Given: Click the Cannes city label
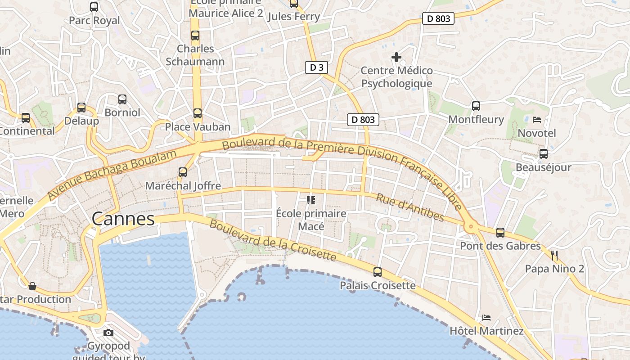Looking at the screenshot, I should click(123, 219).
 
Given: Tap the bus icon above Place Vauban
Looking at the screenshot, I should click(197, 113).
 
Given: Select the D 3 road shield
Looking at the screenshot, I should click(316, 67).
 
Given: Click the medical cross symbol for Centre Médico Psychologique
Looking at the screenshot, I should click(396, 57).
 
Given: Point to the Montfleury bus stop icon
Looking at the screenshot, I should click(476, 106).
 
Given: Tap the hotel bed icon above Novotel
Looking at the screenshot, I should click(537, 120).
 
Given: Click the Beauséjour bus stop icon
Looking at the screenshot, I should click(544, 154).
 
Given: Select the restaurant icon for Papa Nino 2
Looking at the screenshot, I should click(554, 256).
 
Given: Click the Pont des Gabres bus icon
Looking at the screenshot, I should click(500, 233).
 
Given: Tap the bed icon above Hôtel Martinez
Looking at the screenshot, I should click(486, 318).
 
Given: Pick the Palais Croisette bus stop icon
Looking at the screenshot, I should click(378, 272).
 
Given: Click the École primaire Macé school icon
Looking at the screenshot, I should click(311, 200).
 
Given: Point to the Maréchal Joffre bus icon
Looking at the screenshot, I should click(183, 172).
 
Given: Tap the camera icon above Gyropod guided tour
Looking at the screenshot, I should click(108, 333).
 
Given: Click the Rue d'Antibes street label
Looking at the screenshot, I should click(410, 207).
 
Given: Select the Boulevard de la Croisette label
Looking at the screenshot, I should click(273, 241).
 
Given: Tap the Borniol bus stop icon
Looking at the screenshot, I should click(122, 99).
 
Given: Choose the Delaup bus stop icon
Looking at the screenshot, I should click(81, 108).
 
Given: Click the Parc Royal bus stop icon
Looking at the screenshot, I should click(94, 7).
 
